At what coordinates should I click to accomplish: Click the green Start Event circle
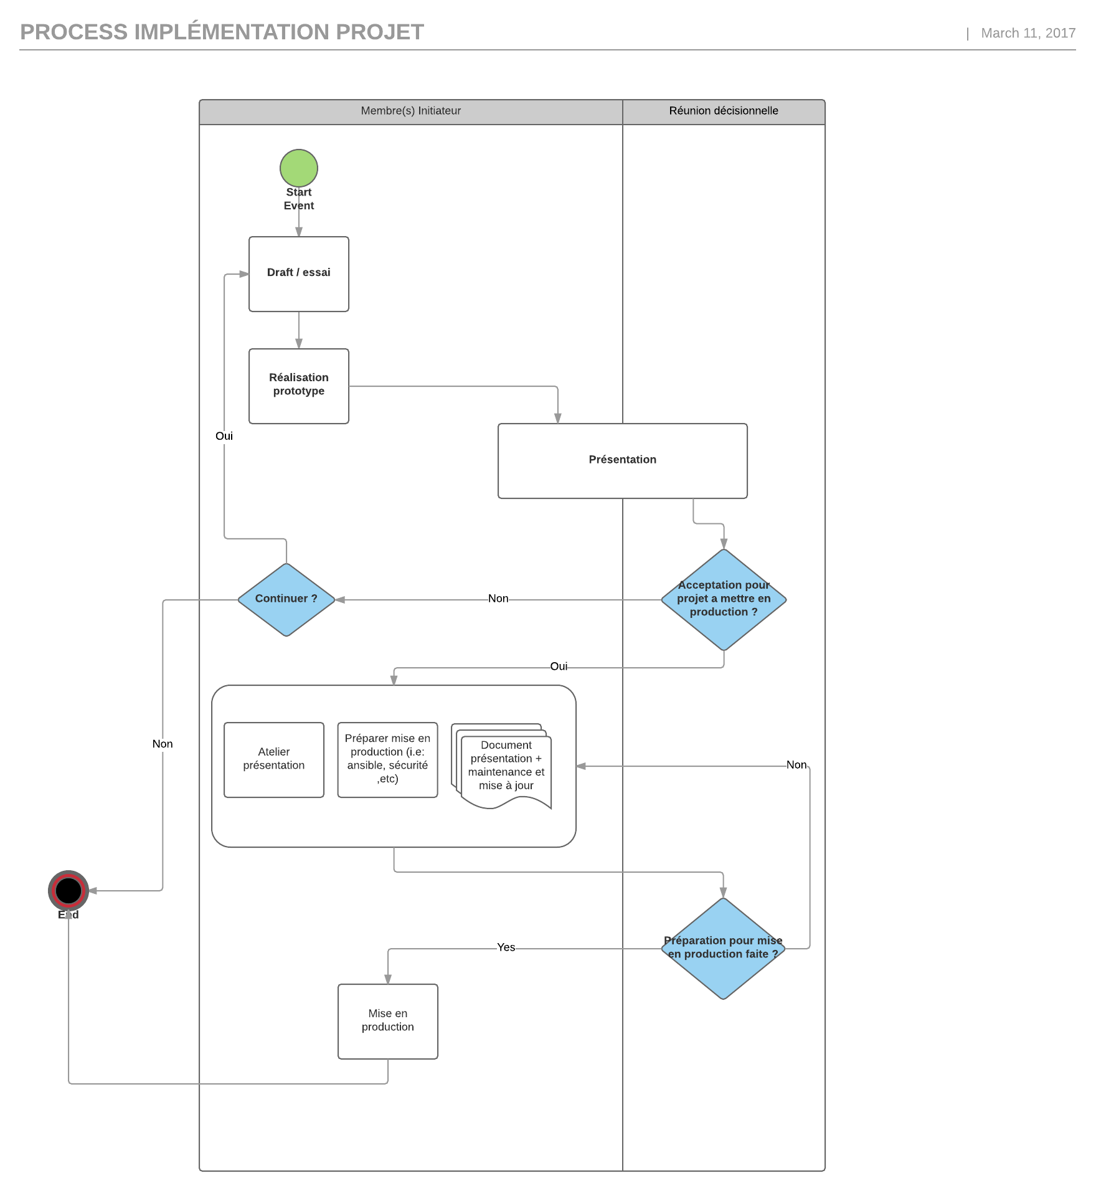pyautogui.click(x=299, y=168)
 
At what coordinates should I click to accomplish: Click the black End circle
pyautogui.click(x=69, y=890)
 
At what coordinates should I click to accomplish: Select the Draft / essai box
pyautogui.click(x=299, y=274)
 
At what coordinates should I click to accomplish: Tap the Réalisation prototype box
pyautogui.click(x=299, y=386)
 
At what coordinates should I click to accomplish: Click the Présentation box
pyautogui.click(x=622, y=460)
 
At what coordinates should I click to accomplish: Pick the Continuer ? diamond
pyautogui.click(x=286, y=599)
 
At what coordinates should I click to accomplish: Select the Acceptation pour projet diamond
pyautogui.click(x=724, y=599)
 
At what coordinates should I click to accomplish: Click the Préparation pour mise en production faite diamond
pyautogui.click(x=723, y=948)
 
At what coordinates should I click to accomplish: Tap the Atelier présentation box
pyautogui.click(x=274, y=759)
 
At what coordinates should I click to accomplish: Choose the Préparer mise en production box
pyautogui.click(x=387, y=759)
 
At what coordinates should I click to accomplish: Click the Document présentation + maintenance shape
pyautogui.click(x=506, y=766)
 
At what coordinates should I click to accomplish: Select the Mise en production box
pyautogui.click(x=387, y=1021)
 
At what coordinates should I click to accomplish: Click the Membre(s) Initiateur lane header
pyautogui.click(x=411, y=111)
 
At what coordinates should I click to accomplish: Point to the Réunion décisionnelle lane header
pyautogui.click(x=724, y=111)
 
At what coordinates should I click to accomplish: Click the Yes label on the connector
pyautogui.click(x=506, y=947)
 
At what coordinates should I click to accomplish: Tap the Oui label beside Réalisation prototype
pyautogui.click(x=224, y=436)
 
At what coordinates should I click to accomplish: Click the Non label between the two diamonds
pyautogui.click(x=498, y=599)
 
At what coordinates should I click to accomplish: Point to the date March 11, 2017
pyautogui.click(x=1028, y=33)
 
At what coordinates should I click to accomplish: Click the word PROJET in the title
pyautogui.click(x=380, y=32)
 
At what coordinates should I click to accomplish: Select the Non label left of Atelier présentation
pyautogui.click(x=163, y=744)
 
